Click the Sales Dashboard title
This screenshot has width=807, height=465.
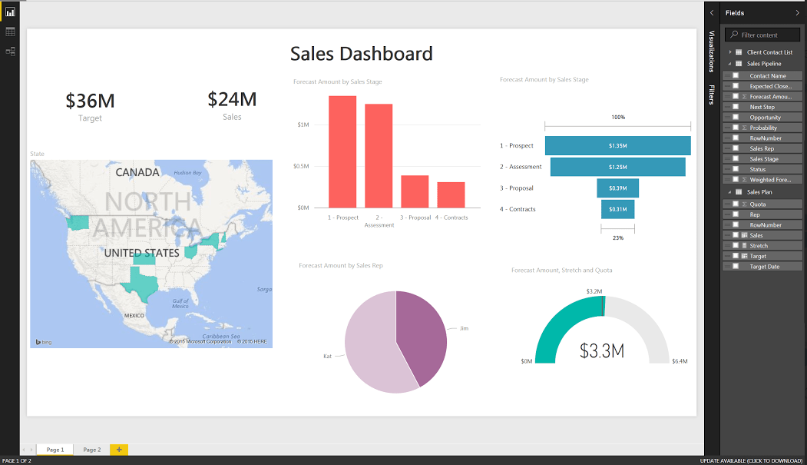pos(361,54)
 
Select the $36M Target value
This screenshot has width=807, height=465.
pos(90,101)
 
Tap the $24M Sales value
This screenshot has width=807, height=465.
pos(232,99)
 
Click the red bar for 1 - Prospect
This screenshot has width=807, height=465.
pos(342,151)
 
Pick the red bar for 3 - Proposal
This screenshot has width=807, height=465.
pos(415,191)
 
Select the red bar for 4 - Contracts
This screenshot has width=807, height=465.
pos(451,194)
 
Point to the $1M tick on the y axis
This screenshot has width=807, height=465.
pos(303,125)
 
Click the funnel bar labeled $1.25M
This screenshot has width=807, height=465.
pos(617,167)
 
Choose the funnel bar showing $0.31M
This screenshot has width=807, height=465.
pos(617,209)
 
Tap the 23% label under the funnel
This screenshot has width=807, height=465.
pos(618,238)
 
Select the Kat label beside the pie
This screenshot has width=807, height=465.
pos(327,357)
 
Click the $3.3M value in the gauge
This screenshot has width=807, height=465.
pos(601,351)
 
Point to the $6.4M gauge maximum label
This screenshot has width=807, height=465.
pos(680,361)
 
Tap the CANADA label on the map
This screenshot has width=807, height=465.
pos(137,172)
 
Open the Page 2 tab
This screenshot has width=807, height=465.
pos(92,450)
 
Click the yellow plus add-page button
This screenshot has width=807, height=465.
pos(119,450)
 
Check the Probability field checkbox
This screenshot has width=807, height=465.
pos(736,128)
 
